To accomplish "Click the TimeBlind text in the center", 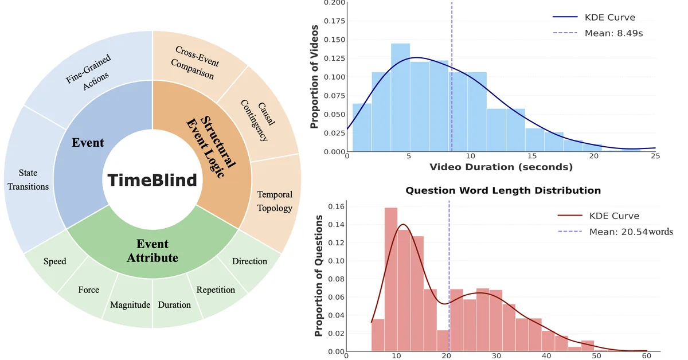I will pyautogui.click(x=153, y=180).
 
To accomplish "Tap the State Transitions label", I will pyautogui.click(x=26, y=179).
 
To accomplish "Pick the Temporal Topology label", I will pyautogui.click(x=275, y=201).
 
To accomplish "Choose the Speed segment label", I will pyautogui.click(x=55, y=261).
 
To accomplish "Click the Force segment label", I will pyautogui.click(x=89, y=289).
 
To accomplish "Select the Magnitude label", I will pyautogui.click(x=130, y=304).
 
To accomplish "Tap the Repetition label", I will pyautogui.click(x=216, y=289).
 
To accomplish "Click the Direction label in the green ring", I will pyautogui.click(x=249, y=261).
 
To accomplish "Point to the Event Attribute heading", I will pyautogui.click(x=153, y=250).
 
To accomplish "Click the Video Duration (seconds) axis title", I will pyautogui.click(x=501, y=167).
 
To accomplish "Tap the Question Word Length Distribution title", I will pyautogui.click(x=503, y=190).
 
